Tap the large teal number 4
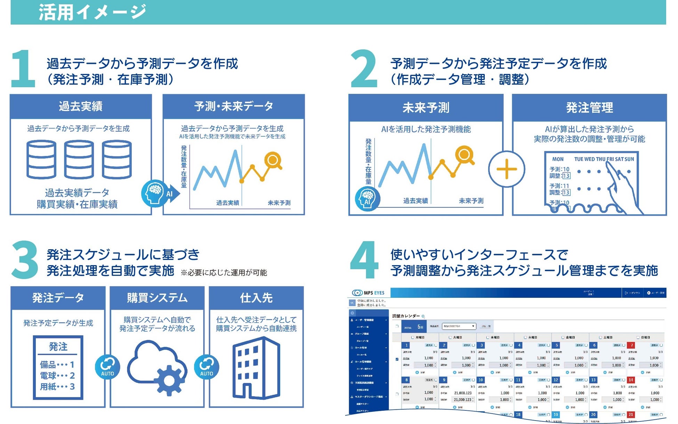pyautogui.click(x=364, y=260)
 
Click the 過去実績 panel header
pyautogui.click(x=81, y=106)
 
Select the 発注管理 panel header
pyautogui.click(x=589, y=108)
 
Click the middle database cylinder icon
pyautogui.click(x=79, y=160)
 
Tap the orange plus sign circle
pyautogui.click(x=507, y=169)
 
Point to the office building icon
pyautogui.click(x=257, y=368)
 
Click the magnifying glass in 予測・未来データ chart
pyautogui.click(x=273, y=161)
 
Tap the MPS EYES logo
pyautogui.click(x=369, y=293)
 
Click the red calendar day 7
pyautogui.click(x=632, y=345)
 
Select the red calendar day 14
pyautogui.click(x=631, y=380)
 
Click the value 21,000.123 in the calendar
pyautogui.click(x=463, y=393)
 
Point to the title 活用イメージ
pyautogui.click(x=92, y=12)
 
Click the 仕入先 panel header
pyautogui.click(x=256, y=298)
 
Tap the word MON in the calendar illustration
pyautogui.click(x=558, y=159)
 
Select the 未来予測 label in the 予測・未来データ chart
pyautogui.click(x=279, y=203)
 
